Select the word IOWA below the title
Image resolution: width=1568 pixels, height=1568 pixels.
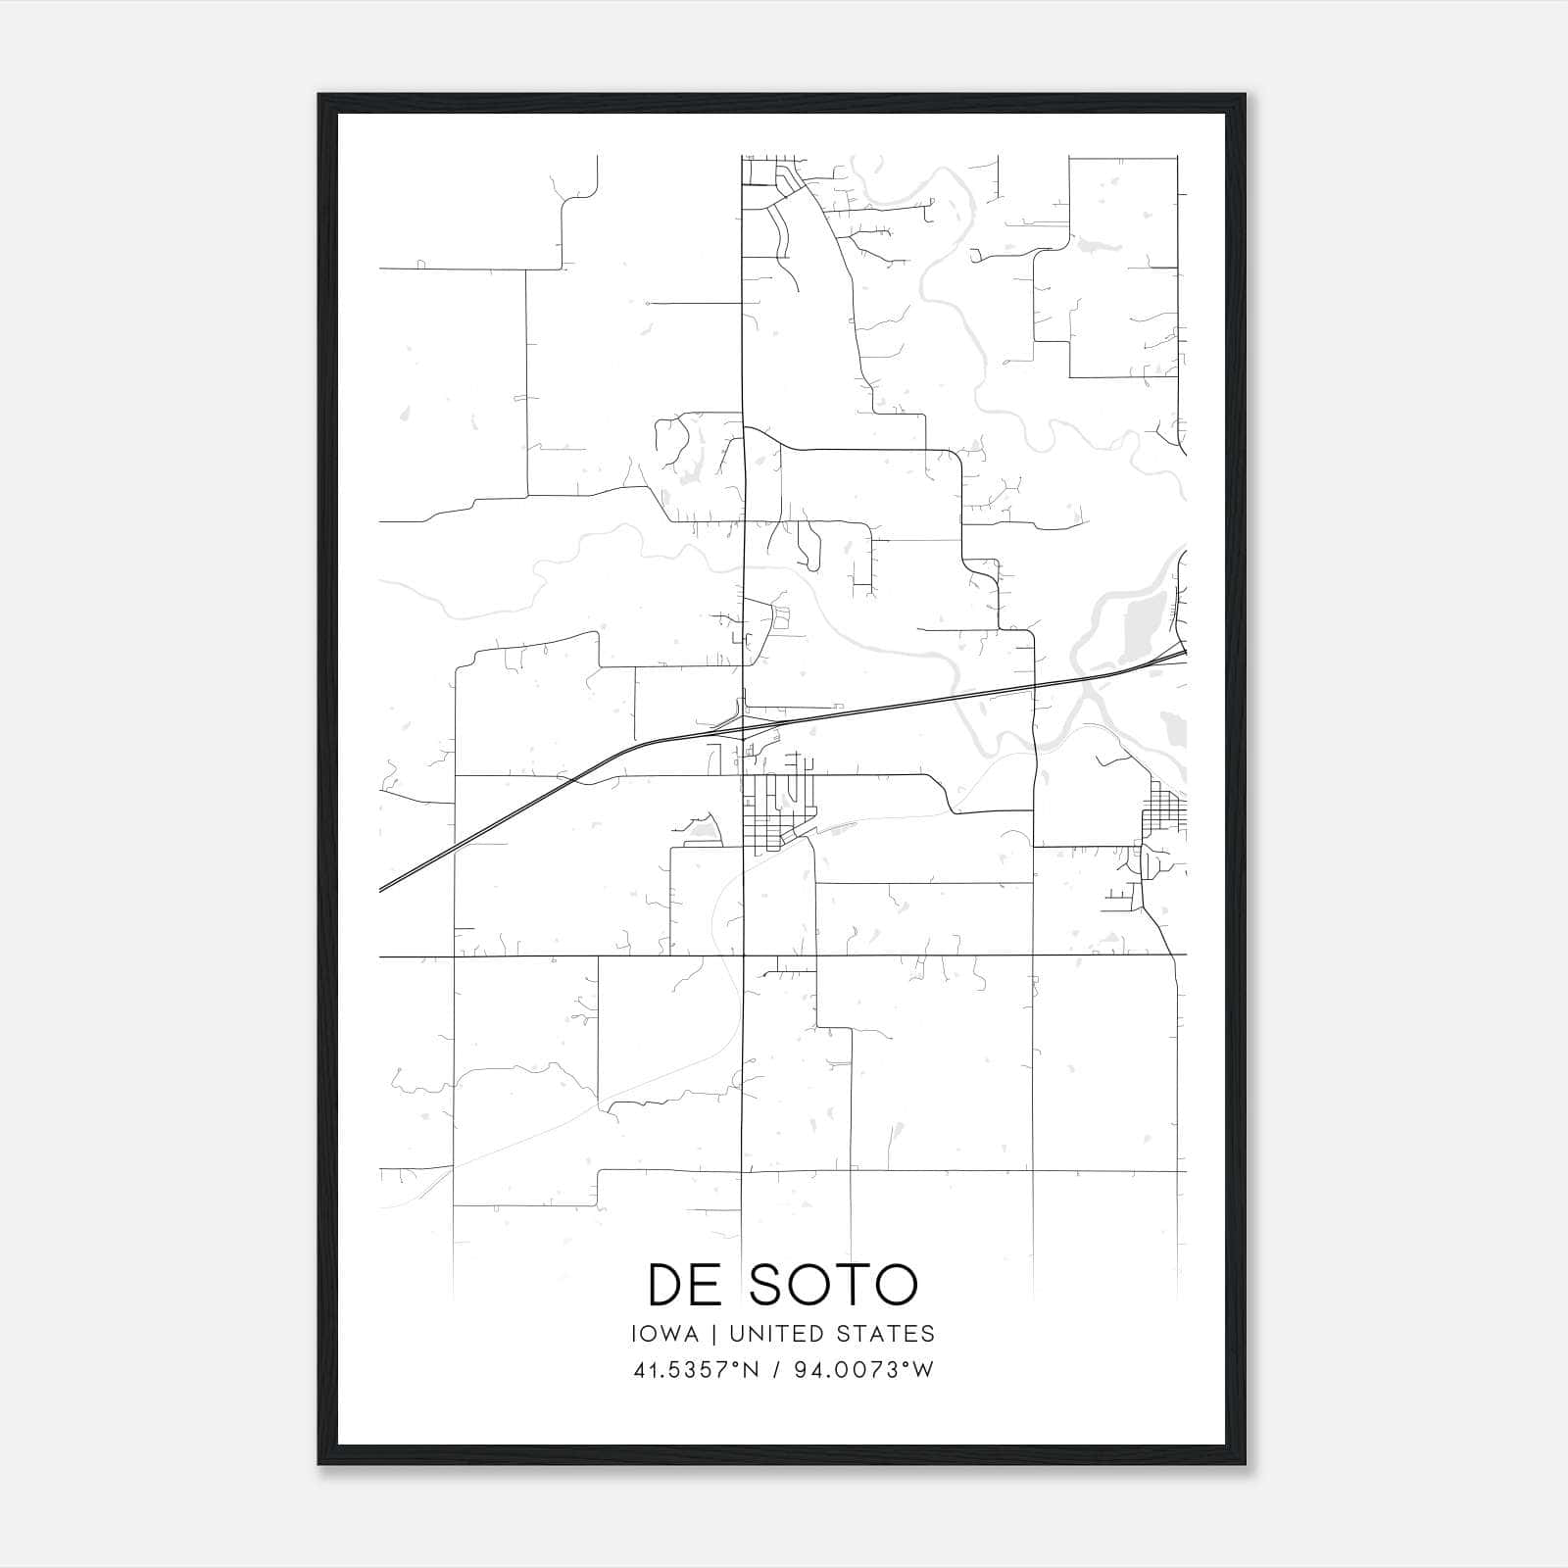tap(665, 1334)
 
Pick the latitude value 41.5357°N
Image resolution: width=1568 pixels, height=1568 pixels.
tap(696, 1370)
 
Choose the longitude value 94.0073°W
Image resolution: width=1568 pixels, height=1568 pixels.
tap(867, 1370)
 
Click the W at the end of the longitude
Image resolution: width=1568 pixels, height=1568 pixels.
tap(923, 1370)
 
